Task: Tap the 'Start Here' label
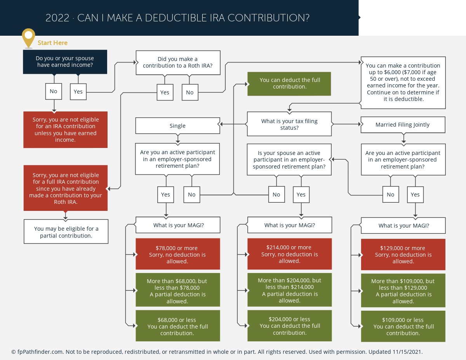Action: (52, 43)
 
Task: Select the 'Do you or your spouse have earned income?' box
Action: (65, 62)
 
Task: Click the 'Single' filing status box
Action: (177, 126)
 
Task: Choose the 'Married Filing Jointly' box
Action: (403, 125)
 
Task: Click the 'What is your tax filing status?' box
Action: (289, 124)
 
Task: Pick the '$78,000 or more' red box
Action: (178, 254)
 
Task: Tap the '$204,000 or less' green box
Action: (290, 326)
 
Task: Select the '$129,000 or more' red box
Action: (403, 254)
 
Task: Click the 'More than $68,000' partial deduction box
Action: (178, 290)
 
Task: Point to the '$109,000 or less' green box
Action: (403, 326)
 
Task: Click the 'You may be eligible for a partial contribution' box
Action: (66, 231)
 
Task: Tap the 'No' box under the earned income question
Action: (54, 91)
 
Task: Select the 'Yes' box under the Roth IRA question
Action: (165, 92)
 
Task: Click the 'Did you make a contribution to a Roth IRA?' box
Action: (178, 63)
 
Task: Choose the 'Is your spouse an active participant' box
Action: (289, 160)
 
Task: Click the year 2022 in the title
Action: (57, 18)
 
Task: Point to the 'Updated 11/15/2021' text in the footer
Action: (395, 352)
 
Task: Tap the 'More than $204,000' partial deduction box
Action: (290, 290)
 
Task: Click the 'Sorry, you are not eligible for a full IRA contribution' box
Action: (66, 188)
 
